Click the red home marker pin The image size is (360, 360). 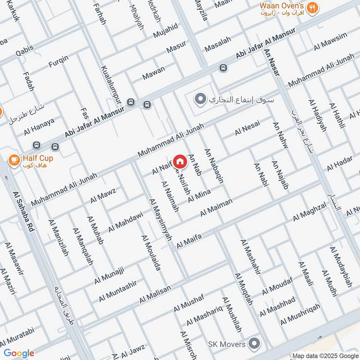point(180,161)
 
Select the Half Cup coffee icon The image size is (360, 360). point(14,159)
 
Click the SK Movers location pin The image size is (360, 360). point(255,344)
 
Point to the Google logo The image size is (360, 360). point(19,353)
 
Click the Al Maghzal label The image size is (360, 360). point(310,211)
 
